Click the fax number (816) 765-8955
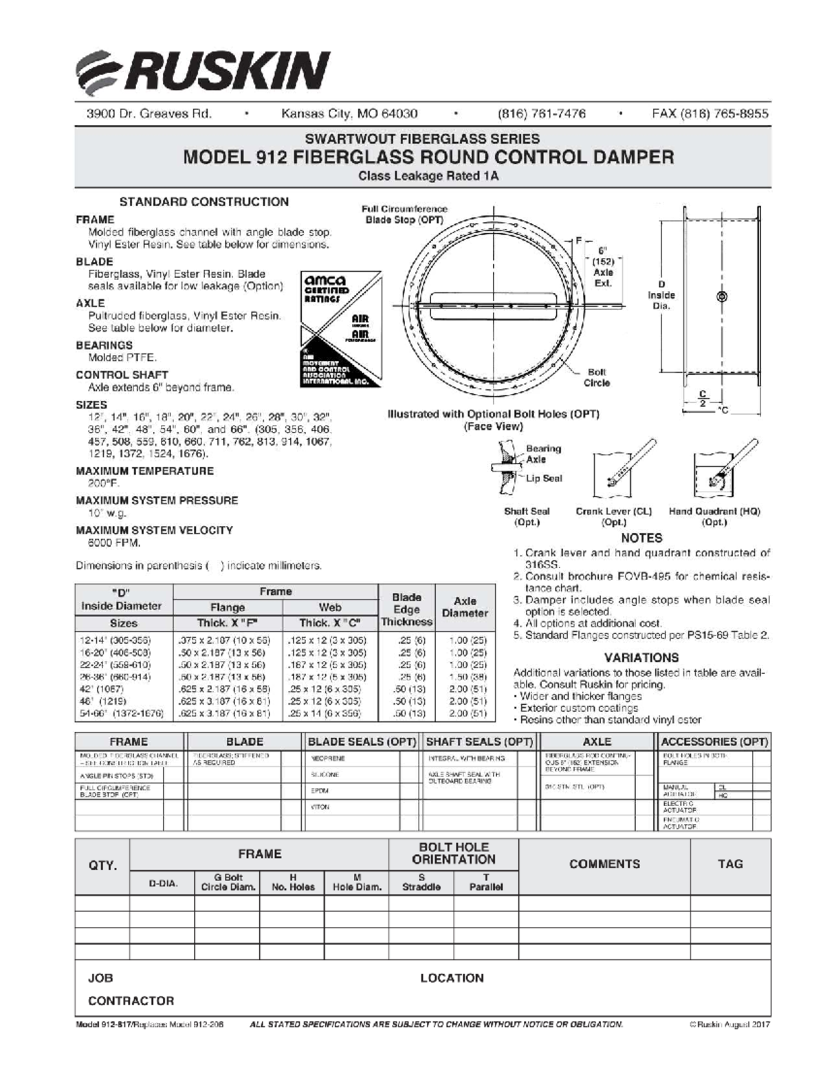pyautogui.click(x=710, y=114)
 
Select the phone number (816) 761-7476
pyautogui.click(x=542, y=114)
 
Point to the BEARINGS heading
pyautogui.click(x=104, y=345)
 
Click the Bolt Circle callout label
pyautogui.click(x=596, y=377)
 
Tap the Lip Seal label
pyautogui.click(x=544, y=478)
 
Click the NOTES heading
pyautogui.click(x=641, y=538)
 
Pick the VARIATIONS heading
pyautogui.click(x=641, y=657)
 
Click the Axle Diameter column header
pyautogui.click(x=465, y=607)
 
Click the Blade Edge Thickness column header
pyautogui.click(x=406, y=609)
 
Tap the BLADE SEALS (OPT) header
pyautogui.click(x=362, y=741)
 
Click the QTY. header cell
pyautogui.click(x=102, y=866)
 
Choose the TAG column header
pyautogui.click(x=730, y=864)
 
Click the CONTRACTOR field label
pyautogui.click(x=131, y=1001)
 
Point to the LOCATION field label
pyautogui.click(x=452, y=978)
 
